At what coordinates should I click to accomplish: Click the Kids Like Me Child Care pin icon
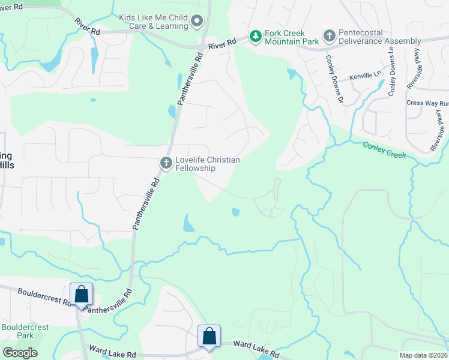[x=196, y=22]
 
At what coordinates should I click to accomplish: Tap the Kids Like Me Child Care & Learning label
[x=153, y=22]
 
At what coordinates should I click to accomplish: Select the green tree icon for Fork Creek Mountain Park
[x=256, y=37]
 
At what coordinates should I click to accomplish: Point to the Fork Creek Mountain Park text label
[x=286, y=37]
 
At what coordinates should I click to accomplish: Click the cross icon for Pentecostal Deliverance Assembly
[x=329, y=37]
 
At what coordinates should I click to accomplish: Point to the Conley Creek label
[x=384, y=150]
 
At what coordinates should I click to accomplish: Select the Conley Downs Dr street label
[x=334, y=78]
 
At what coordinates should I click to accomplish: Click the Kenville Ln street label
[x=366, y=76]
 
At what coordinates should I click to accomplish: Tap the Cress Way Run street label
[x=427, y=103]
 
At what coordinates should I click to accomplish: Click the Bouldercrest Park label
[x=25, y=331]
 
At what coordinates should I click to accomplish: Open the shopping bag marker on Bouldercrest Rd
[x=81, y=295]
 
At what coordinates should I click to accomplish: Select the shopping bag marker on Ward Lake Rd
[x=209, y=337]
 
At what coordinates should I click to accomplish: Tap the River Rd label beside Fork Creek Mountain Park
[x=220, y=44]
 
